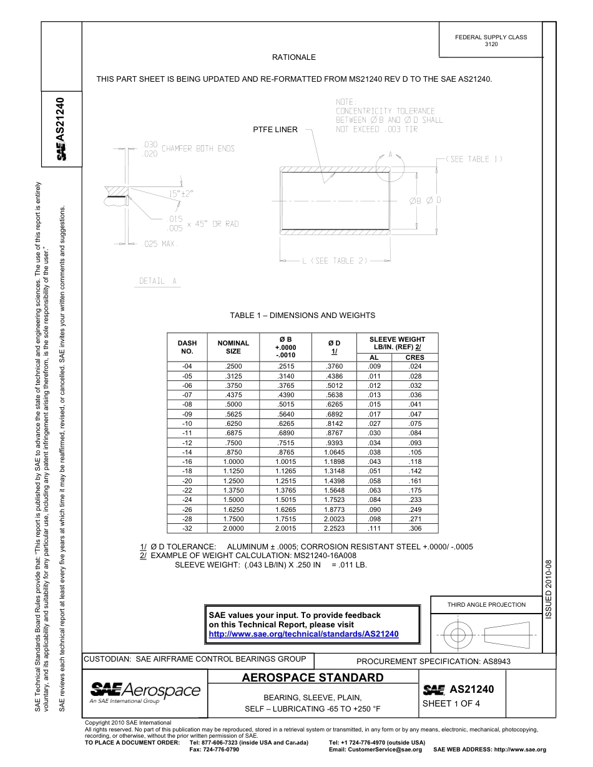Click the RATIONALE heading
point(293,57)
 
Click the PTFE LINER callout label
point(275,130)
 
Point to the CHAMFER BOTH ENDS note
point(198,149)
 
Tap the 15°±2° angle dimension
point(181,194)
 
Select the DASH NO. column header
point(187,347)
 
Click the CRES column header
point(414,357)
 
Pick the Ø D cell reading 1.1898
point(334,462)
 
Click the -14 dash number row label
point(187,452)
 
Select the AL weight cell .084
point(374,499)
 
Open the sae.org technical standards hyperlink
point(303,634)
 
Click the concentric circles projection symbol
point(458,635)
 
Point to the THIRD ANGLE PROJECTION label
point(486,604)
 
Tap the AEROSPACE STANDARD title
point(312,678)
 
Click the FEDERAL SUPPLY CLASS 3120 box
point(491,41)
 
